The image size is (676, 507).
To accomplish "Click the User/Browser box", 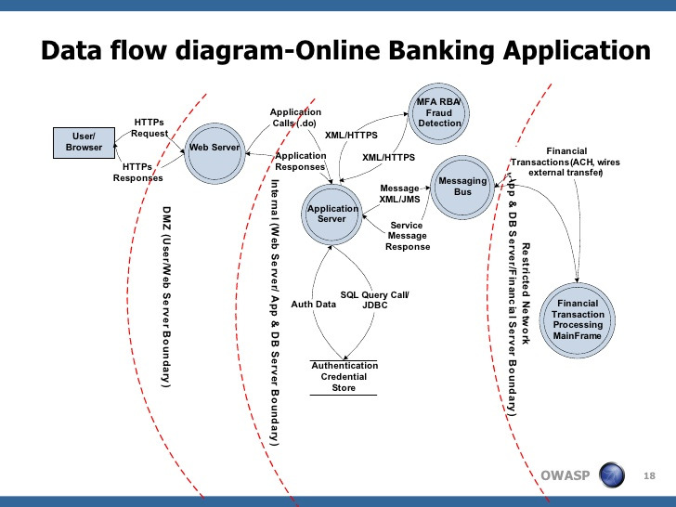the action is pyautogui.click(x=84, y=143).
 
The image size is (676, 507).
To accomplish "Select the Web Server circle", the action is pyautogui.click(x=214, y=153).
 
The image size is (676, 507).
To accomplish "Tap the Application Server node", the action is pyautogui.click(x=332, y=214).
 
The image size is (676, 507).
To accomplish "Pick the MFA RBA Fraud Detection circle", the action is pyautogui.click(x=439, y=113).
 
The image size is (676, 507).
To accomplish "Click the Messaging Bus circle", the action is pyautogui.click(x=462, y=188).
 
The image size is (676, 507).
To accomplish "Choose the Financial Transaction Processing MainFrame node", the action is pyautogui.click(x=578, y=319).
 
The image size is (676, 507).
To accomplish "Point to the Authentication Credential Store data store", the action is pyautogui.click(x=344, y=377).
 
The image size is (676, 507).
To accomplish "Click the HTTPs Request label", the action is pyautogui.click(x=149, y=128).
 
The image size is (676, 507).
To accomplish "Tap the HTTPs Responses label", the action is pyautogui.click(x=138, y=173).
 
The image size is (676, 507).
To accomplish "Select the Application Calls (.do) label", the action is pyautogui.click(x=295, y=118).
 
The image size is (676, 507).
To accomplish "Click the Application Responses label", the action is pyautogui.click(x=301, y=162).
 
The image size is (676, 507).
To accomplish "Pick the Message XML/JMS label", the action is pyautogui.click(x=399, y=193).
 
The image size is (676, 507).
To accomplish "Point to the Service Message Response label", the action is pyautogui.click(x=408, y=236).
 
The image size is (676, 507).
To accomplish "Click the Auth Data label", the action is pyautogui.click(x=314, y=305).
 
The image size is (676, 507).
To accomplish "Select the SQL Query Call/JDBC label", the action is pyautogui.click(x=374, y=300).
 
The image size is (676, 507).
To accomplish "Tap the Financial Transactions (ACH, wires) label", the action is pyautogui.click(x=565, y=162).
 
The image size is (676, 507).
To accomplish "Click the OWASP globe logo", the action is pyautogui.click(x=612, y=474).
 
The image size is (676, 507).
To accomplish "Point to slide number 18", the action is pyautogui.click(x=649, y=476).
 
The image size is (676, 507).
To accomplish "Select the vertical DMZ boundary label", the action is pyautogui.click(x=166, y=296).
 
